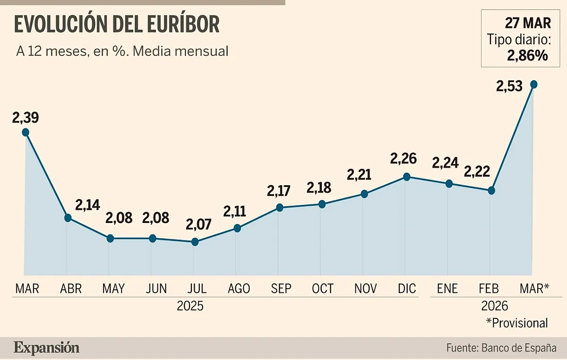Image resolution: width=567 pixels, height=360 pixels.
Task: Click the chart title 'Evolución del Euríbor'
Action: point(117,25)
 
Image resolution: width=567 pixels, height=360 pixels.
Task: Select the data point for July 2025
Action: point(195,242)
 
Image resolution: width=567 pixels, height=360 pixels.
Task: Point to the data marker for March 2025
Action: point(26,132)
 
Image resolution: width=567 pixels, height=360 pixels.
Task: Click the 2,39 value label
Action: point(26,117)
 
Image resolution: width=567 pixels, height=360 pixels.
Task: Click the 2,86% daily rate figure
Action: point(527,56)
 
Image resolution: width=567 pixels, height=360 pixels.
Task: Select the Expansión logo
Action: point(46,348)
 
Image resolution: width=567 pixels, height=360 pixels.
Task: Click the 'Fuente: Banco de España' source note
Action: point(501,348)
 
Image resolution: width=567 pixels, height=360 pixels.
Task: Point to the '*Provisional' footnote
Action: point(517,323)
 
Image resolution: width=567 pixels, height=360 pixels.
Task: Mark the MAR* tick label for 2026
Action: point(534,288)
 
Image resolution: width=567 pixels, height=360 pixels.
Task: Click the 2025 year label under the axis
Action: point(190,306)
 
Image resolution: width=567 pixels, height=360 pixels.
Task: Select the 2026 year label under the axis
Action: point(494,306)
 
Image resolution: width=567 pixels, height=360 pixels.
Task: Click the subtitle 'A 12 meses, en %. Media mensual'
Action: point(122,51)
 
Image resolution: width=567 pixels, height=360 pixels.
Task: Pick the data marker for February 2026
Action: point(491,190)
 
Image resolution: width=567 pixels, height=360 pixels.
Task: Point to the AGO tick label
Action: point(239,288)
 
